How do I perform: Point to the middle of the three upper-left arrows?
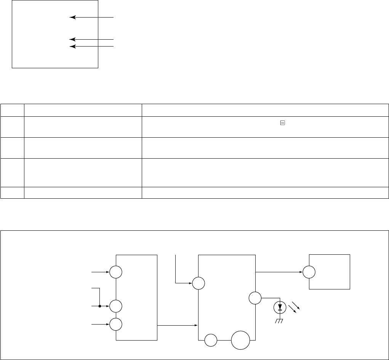tap(91, 39)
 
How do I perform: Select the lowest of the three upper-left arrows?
tap(91, 46)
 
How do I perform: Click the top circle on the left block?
tap(116, 272)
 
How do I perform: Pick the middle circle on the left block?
tap(116, 306)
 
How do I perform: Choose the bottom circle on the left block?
tap(116, 324)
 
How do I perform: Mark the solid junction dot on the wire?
tap(99, 306)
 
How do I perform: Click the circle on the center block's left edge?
tap(198, 283)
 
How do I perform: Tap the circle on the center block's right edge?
tap(255, 298)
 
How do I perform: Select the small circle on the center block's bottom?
tap(211, 339)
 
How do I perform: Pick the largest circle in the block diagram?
tap(240, 339)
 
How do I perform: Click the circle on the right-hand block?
tap(309, 272)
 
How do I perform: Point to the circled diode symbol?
tap(280, 307)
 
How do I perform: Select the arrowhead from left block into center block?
tap(196, 325)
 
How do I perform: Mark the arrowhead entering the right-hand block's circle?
tap(301, 272)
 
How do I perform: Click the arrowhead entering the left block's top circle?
tap(107, 272)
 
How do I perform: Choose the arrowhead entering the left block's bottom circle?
tap(107, 324)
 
